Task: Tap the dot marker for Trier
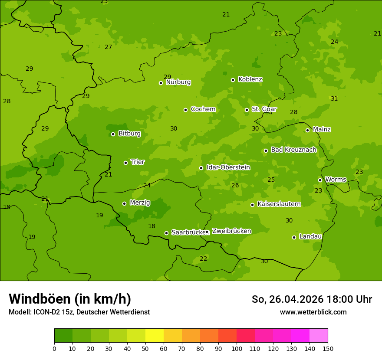(x=126, y=163)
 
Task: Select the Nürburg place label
(x=178, y=82)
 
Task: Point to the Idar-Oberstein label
(x=228, y=167)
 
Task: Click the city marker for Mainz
(x=307, y=130)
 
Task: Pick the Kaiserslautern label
(x=279, y=204)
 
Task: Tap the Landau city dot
(x=294, y=237)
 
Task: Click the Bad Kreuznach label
(x=293, y=150)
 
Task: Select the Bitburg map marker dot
(x=113, y=134)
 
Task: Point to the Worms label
(x=336, y=180)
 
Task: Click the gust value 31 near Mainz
(x=334, y=99)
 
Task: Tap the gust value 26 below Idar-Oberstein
(x=235, y=185)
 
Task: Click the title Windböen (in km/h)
(x=70, y=299)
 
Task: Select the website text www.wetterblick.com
(x=313, y=312)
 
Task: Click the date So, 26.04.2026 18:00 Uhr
(x=312, y=299)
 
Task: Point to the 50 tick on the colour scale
(x=145, y=349)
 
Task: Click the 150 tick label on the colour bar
(x=328, y=349)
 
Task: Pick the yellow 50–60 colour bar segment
(x=155, y=336)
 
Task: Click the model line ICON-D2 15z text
(x=79, y=312)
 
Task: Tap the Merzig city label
(x=140, y=203)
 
